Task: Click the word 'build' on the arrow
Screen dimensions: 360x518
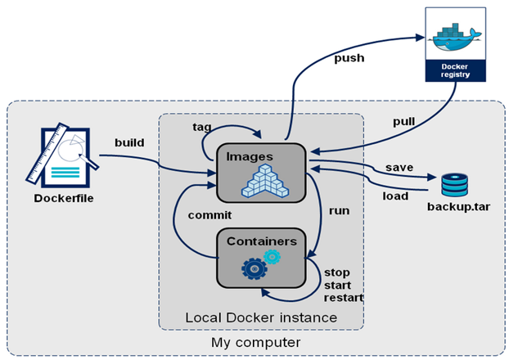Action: point(130,142)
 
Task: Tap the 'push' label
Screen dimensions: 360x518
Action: point(349,58)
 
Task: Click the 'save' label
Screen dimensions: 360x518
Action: point(399,167)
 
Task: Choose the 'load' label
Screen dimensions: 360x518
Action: point(396,196)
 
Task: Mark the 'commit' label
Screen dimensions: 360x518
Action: point(210,215)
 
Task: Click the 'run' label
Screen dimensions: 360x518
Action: point(339,210)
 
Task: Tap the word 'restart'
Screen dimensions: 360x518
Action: point(344,297)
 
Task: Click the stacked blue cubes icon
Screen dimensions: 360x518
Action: point(266,181)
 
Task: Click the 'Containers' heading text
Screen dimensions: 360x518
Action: point(261,241)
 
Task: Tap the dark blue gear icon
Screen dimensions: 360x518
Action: point(254,268)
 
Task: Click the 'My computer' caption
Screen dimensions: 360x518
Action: point(250,340)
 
